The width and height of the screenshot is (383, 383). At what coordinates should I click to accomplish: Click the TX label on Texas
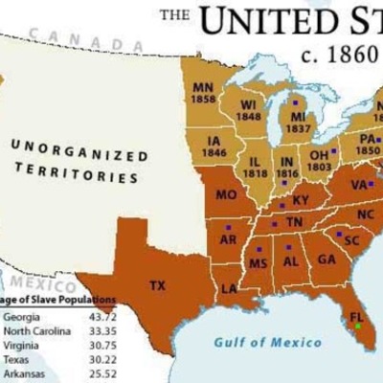pos(157,284)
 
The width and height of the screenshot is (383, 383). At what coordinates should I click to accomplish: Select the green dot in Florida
pos(358,327)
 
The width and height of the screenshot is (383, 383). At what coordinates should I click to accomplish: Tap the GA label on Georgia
pos(327,259)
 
